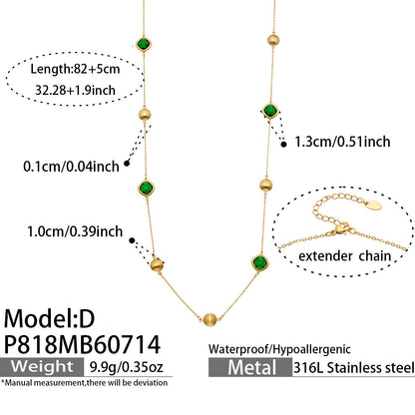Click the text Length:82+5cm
(75, 69)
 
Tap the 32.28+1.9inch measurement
(75, 90)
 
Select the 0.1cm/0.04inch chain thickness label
(71, 167)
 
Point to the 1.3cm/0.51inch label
(342, 142)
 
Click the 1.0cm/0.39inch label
(75, 231)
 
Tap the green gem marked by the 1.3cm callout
(270, 111)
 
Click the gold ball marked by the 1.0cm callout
(157, 265)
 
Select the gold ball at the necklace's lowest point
(210, 320)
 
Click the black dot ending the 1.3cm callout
(283, 145)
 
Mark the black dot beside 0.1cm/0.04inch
(127, 164)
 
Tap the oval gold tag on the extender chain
(374, 205)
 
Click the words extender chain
(345, 256)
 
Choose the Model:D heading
(49, 318)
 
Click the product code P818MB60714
(82, 344)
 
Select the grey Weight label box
(42, 367)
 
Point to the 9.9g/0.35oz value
(127, 367)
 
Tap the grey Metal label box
(250, 367)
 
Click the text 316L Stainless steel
(354, 368)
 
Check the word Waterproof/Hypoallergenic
(279, 349)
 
